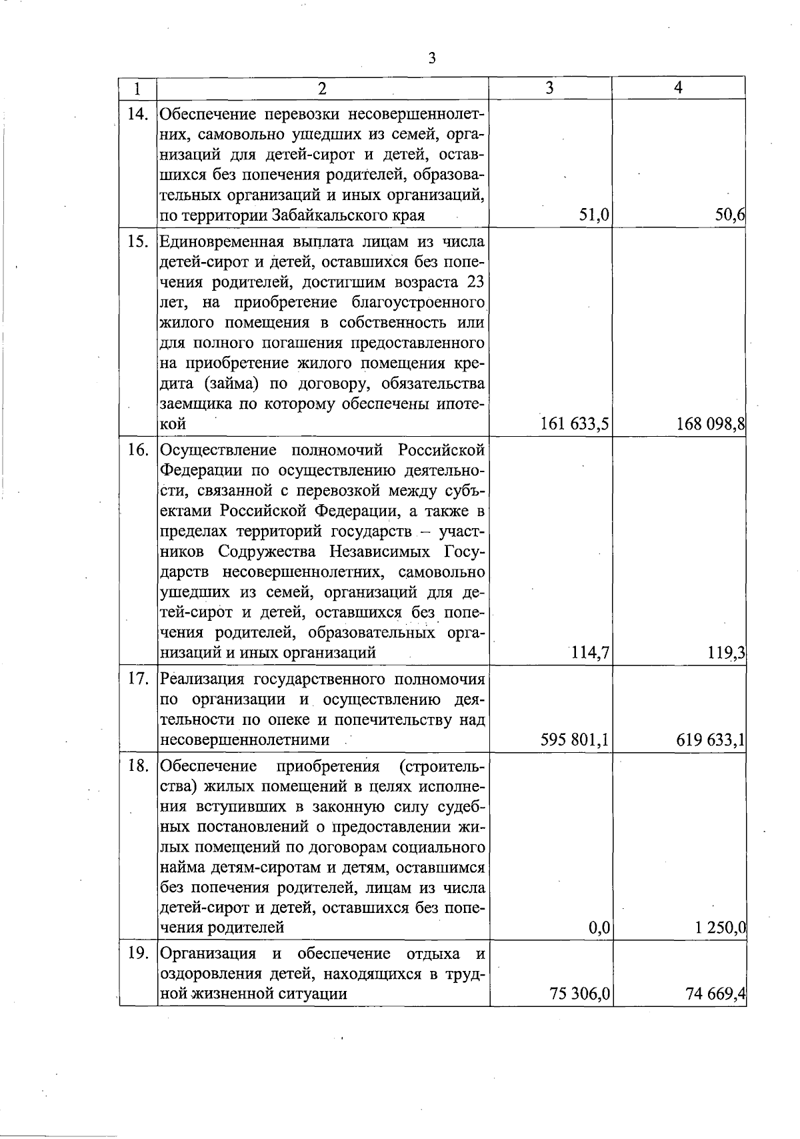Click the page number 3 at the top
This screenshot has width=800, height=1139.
coord(431,59)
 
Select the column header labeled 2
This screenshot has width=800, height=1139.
coord(323,89)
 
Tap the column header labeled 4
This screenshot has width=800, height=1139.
coord(678,87)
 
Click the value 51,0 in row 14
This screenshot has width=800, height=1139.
coord(593,215)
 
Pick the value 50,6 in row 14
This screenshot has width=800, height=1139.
coord(729,215)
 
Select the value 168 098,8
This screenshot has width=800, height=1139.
coord(711,423)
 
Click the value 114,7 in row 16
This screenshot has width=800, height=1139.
coord(590,652)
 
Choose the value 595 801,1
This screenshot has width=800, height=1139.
coord(575,740)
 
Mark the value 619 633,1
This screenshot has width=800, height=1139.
coord(711,740)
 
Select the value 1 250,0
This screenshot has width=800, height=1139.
coord(719,928)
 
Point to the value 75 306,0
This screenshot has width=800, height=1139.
coord(579,994)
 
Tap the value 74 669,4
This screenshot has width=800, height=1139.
coord(715,994)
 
